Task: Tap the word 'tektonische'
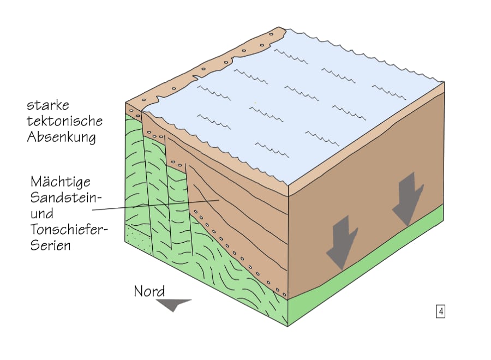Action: pos(65,121)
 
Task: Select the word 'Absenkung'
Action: pos(62,137)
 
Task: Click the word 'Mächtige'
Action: pos(61,181)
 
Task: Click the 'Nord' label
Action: pos(149,291)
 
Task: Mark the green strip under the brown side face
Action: pos(371,262)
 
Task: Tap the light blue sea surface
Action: pos(306,109)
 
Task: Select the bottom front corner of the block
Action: pos(288,326)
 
